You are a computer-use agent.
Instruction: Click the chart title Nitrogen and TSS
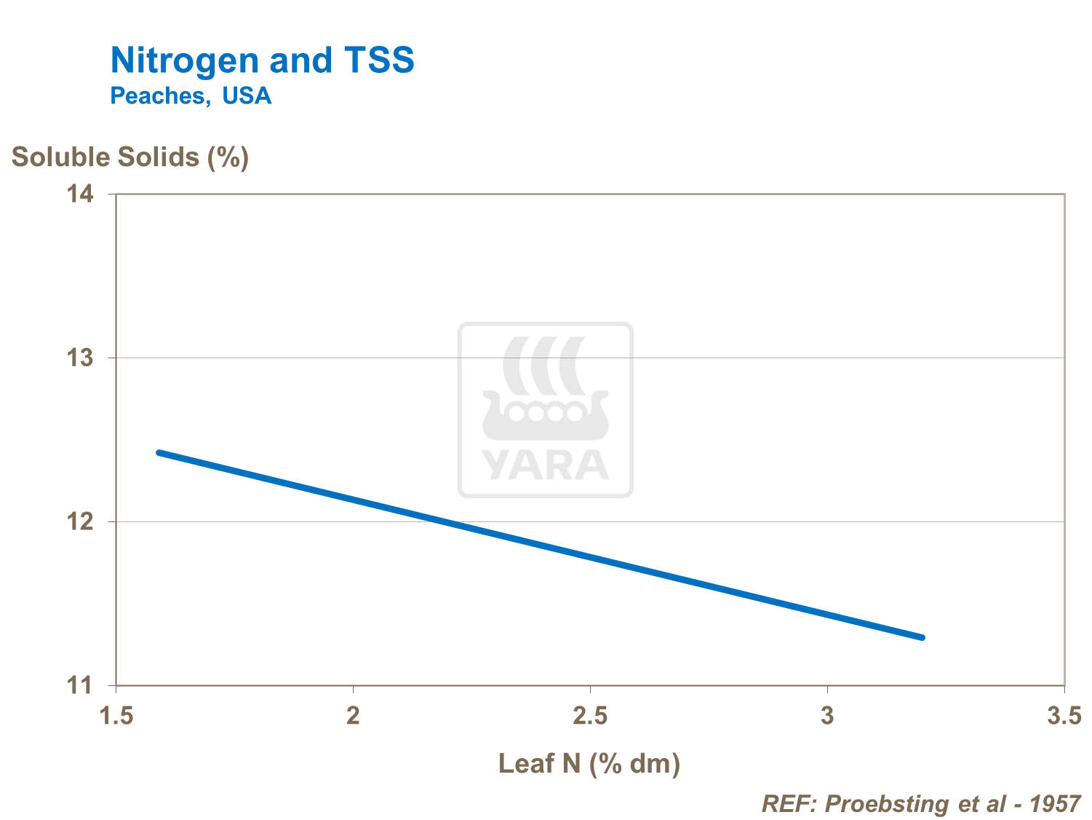(x=262, y=60)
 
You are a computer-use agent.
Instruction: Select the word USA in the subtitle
(x=247, y=96)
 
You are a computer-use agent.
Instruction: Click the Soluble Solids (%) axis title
(x=130, y=157)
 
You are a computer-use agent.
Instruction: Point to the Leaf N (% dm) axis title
(x=589, y=763)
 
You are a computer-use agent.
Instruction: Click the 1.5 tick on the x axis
(x=116, y=717)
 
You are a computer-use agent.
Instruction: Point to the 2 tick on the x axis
(x=353, y=717)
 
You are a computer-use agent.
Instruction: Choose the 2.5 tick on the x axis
(x=590, y=717)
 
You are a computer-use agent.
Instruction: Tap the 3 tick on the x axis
(x=827, y=717)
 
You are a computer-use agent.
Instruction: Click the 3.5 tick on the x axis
(x=1064, y=717)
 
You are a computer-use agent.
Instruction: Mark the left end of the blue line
(x=159, y=453)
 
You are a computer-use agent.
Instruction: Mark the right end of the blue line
(x=922, y=637)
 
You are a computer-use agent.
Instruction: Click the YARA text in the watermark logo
(x=546, y=465)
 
